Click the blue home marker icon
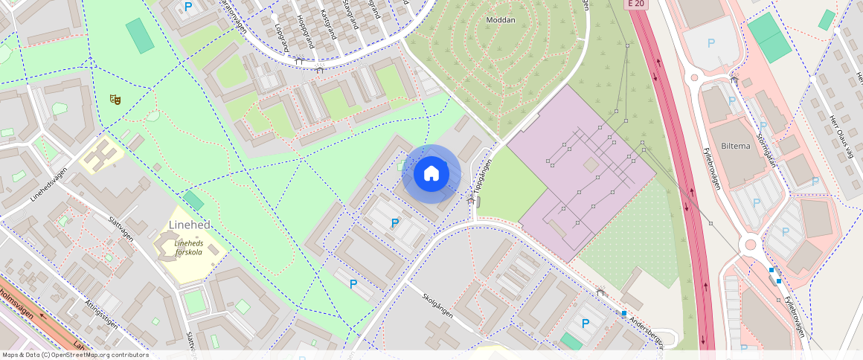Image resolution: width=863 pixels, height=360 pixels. pos(431,174)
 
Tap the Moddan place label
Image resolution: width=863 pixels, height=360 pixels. pos(500,20)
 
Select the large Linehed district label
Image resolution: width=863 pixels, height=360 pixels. pos(190,225)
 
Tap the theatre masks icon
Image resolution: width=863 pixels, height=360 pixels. pos(115,98)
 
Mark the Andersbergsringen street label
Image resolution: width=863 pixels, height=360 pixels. pos(645,331)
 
